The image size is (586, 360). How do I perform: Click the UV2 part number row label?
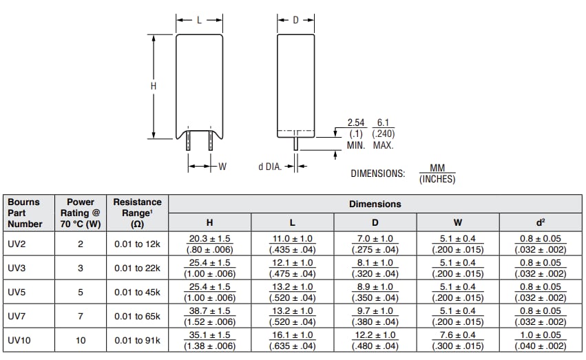tap(17, 244)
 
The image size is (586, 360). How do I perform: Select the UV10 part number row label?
tap(19, 340)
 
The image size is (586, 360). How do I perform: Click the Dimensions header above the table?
tap(375, 204)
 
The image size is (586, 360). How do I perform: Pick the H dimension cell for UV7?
tap(209, 316)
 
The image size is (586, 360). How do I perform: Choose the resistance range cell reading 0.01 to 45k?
tap(137, 292)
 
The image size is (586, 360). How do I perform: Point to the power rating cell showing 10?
tap(80, 340)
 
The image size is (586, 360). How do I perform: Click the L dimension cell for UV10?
tap(291, 340)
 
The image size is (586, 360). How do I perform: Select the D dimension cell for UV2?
tap(376, 244)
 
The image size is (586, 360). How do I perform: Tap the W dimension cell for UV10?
tap(458, 340)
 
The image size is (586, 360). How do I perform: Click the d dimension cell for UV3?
tap(541, 268)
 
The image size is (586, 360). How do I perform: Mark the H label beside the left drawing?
tap(154, 86)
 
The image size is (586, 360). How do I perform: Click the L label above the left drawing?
tap(200, 20)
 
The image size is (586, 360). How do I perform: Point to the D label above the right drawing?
tap(295, 20)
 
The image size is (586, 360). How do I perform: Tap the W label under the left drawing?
tap(222, 167)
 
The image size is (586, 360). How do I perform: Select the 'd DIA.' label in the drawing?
tap(270, 167)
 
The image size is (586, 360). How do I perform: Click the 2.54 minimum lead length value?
tap(355, 123)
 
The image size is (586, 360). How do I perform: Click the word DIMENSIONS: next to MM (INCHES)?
tap(377, 173)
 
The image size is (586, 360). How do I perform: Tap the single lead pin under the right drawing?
tap(295, 143)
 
